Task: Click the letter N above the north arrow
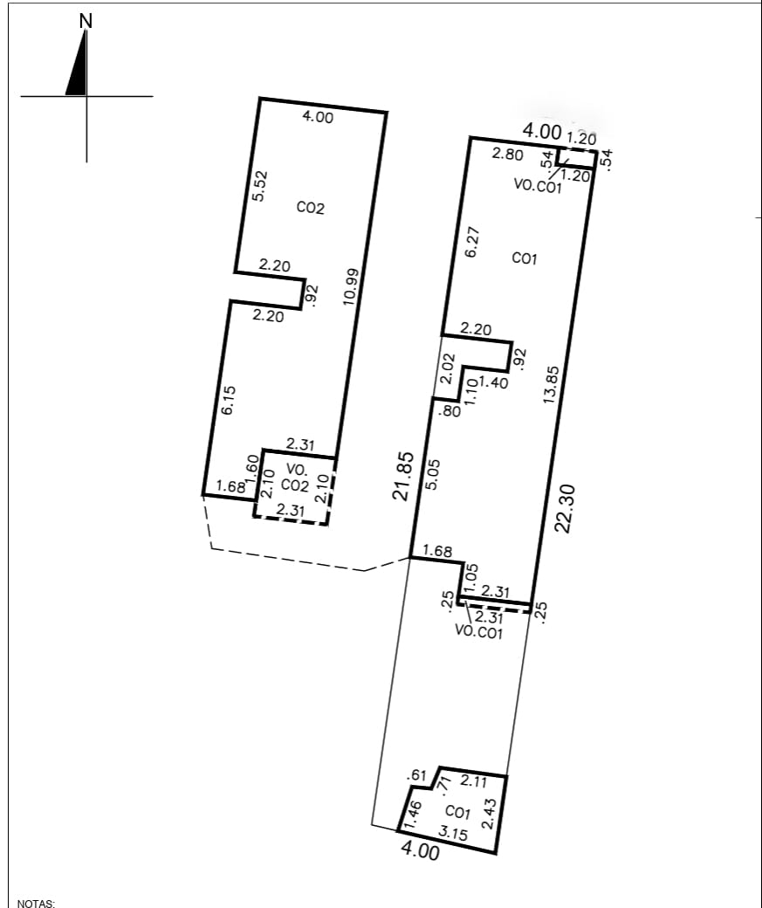[x=86, y=21]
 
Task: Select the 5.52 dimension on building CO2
[x=260, y=185]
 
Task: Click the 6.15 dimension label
[x=228, y=400]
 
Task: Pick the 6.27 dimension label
[x=472, y=242]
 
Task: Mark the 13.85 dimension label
[x=552, y=384]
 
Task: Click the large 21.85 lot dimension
[x=404, y=476]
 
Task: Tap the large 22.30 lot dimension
[x=565, y=508]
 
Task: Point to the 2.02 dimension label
[x=447, y=368]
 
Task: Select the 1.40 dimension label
[x=493, y=382]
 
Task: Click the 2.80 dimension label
[x=507, y=155]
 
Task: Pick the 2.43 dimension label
[x=490, y=814]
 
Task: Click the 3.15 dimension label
[x=453, y=833]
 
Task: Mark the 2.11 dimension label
[x=474, y=781]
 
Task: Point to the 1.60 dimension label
[x=252, y=468]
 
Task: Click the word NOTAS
[x=37, y=904]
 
